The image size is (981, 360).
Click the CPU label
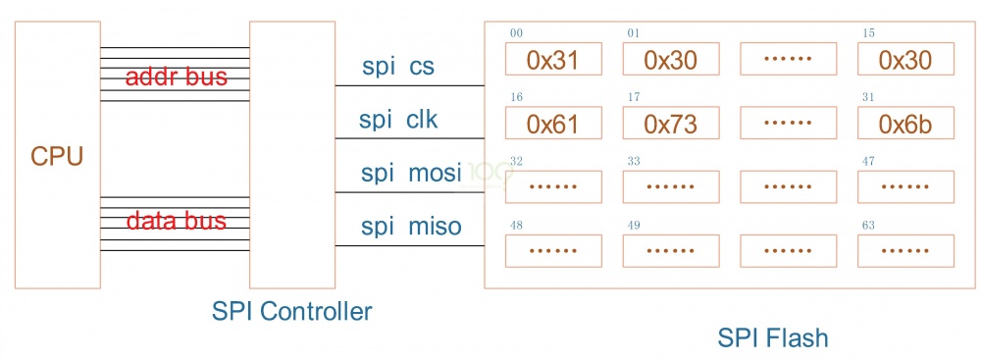pyautogui.click(x=57, y=156)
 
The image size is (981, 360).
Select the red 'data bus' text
pyautogui.click(x=177, y=221)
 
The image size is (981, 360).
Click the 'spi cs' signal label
pyautogui.click(x=398, y=67)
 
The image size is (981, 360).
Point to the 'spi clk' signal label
pyautogui.click(x=398, y=120)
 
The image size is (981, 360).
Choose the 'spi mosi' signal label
pyautogui.click(x=410, y=174)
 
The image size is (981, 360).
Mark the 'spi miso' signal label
pyautogui.click(x=410, y=228)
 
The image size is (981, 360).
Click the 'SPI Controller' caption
pyautogui.click(x=291, y=312)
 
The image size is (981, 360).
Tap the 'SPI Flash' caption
pyautogui.click(x=772, y=338)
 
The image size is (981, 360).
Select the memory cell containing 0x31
pyautogui.click(x=552, y=60)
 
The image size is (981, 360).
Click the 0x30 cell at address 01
pyautogui.click(x=670, y=60)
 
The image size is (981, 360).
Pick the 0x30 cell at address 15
pyautogui.click(x=904, y=60)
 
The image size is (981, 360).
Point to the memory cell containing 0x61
pyautogui.click(x=552, y=124)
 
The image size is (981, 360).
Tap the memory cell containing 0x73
pyautogui.click(x=670, y=124)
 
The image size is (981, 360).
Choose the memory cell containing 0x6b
pyautogui.click(x=904, y=124)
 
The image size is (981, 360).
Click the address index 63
pyautogui.click(x=868, y=226)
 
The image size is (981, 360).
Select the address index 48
pyautogui.click(x=516, y=226)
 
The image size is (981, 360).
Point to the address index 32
pyautogui.click(x=516, y=161)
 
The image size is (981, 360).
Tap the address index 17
pyautogui.click(x=634, y=97)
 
